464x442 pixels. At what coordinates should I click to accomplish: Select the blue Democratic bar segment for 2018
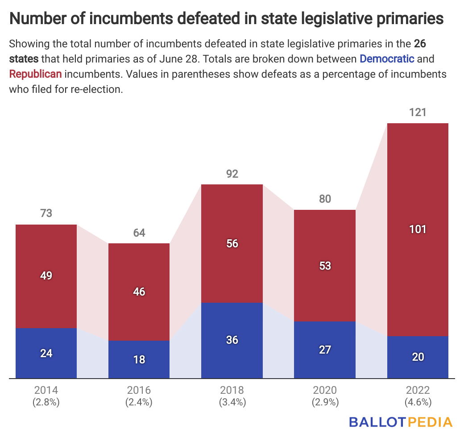(232, 321)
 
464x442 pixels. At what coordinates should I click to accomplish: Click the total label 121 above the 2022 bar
(418, 112)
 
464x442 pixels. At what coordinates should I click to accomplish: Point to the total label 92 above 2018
(232, 174)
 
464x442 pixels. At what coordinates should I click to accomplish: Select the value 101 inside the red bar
(418, 229)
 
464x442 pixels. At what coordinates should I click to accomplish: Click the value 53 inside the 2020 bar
(325, 266)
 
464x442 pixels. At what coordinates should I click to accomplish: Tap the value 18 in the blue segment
(139, 359)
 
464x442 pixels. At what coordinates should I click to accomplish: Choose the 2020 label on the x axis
(325, 390)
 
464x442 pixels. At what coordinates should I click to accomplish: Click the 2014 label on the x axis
(46, 390)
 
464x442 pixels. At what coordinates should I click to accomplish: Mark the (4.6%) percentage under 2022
(418, 402)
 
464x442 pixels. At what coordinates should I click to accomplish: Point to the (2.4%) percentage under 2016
(139, 402)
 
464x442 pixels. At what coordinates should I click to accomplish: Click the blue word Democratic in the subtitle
(387, 58)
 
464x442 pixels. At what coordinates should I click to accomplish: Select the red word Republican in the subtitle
(35, 74)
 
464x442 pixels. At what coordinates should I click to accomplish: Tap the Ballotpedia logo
(400, 422)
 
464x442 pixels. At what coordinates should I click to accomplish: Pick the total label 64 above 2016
(139, 233)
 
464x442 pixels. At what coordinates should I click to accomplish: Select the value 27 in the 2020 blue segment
(325, 350)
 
